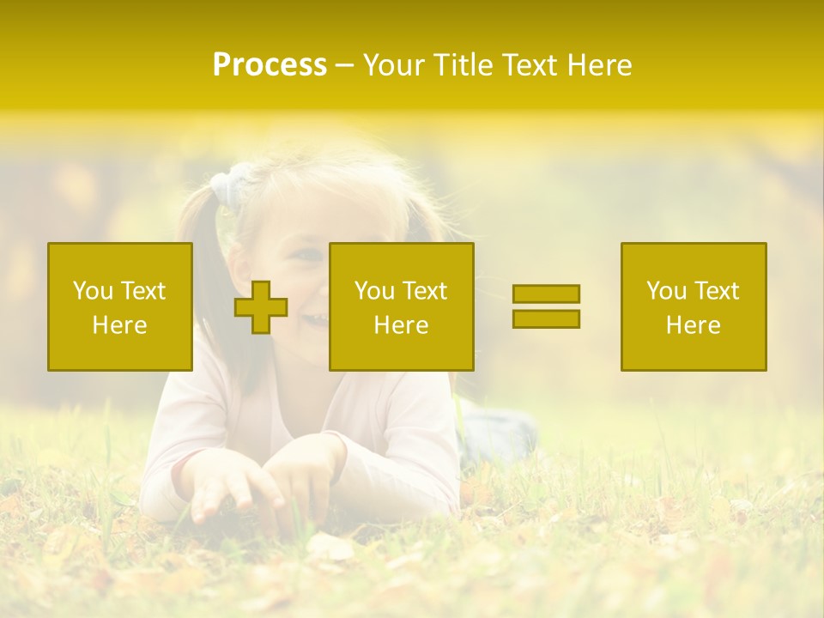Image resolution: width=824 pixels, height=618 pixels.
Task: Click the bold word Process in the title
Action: (270, 65)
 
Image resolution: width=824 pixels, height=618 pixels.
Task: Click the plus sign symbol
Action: (261, 307)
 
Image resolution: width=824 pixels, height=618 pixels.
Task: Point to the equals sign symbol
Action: (546, 306)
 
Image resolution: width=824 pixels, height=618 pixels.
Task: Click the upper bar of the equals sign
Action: (546, 294)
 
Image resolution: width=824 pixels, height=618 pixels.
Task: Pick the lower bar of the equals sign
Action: (546, 318)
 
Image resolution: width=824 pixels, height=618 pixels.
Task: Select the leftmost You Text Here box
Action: (120, 306)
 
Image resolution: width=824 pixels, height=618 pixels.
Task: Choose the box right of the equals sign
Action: (694, 306)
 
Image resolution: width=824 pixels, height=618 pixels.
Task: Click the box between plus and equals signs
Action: (401, 306)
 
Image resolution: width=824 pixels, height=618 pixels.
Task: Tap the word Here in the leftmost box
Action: (120, 325)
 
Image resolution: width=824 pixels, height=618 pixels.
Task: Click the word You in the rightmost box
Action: (666, 291)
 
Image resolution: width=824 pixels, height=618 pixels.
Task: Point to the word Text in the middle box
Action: (425, 291)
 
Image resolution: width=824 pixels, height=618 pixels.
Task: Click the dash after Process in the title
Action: (344, 65)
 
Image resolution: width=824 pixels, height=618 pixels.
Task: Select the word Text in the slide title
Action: (530, 65)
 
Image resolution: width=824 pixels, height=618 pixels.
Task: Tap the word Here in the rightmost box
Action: (694, 325)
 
